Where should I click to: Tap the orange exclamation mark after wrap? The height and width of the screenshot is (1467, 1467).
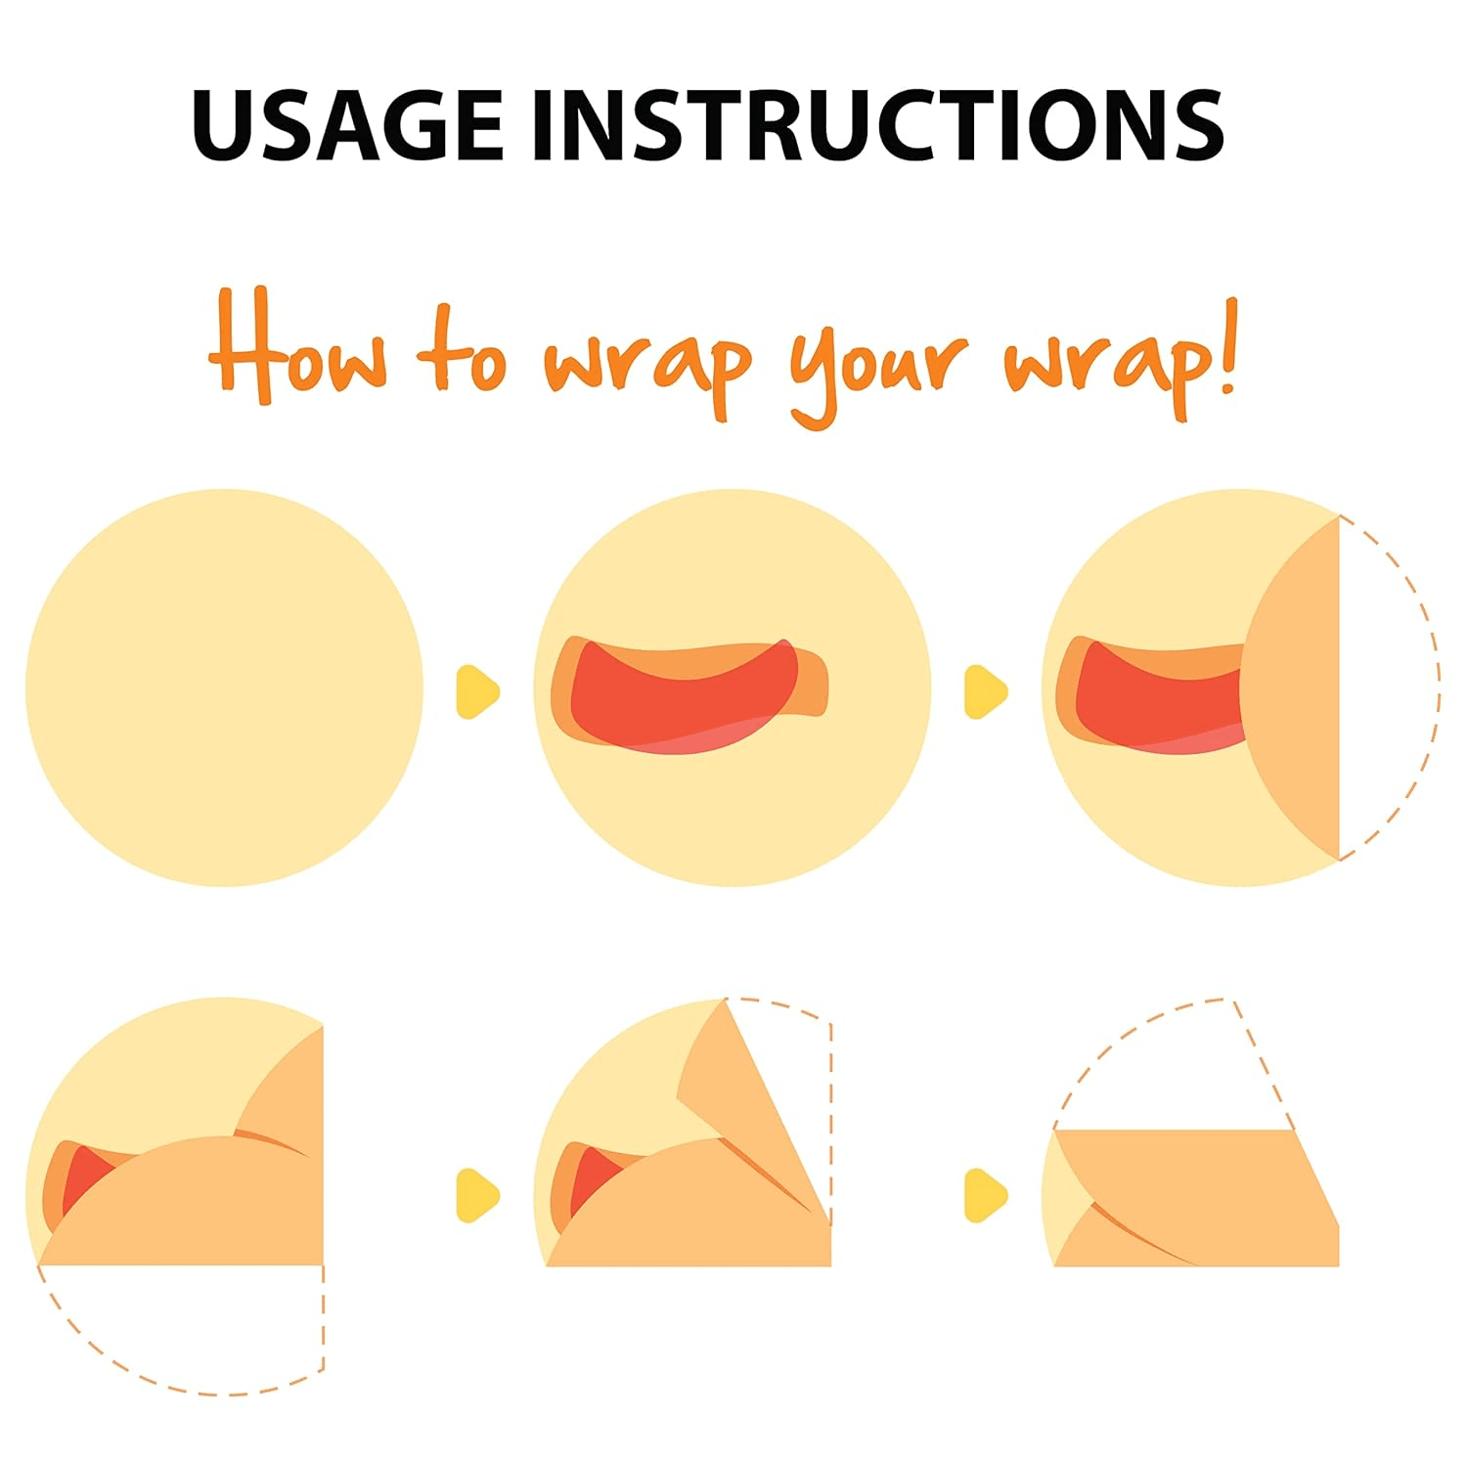pyautogui.click(x=1227, y=347)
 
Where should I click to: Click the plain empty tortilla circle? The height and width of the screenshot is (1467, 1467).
pyautogui.click(x=224, y=688)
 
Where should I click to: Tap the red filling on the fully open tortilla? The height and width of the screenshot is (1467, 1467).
pyautogui.click(x=675, y=699)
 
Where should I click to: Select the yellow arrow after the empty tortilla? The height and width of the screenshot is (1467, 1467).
pyautogui.click(x=477, y=691)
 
